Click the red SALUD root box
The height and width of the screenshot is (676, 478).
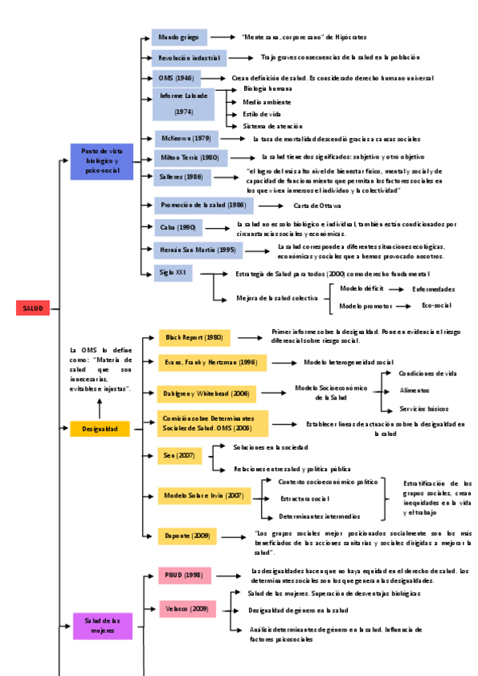pos(34,308)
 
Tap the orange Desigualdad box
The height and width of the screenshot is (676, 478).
pos(100,429)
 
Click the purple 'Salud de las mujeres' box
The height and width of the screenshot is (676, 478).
pos(103,625)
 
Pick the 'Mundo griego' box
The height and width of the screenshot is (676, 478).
pos(180,37)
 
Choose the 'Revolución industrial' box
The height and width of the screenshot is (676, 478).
pos(189,58)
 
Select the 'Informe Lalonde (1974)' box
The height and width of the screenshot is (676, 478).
pos(184,104)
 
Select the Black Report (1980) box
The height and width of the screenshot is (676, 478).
pos(194,338)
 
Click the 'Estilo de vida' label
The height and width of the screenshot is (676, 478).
pos(261,114)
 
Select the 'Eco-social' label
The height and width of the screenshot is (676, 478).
pos(437,305)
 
